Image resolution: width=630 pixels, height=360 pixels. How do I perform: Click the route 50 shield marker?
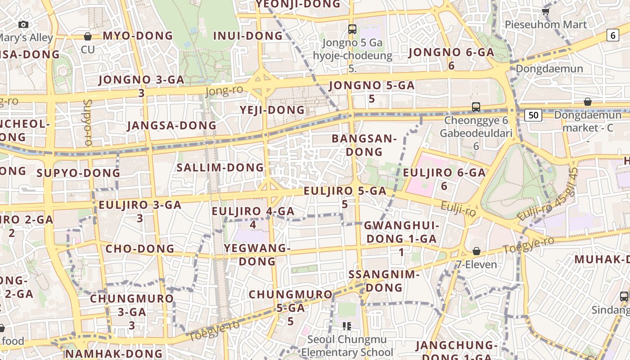click(x=533, y=115)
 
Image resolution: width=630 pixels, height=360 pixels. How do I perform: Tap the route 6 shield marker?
click(x=612, y=35)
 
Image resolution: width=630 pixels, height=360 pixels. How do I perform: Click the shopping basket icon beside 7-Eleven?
click(x=477, y=251)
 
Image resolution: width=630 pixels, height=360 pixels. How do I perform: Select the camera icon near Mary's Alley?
click(x=23, y=24)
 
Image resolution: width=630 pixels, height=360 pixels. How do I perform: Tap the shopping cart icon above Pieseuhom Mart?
click(x=546, y=11)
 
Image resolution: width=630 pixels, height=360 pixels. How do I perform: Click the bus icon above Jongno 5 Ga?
click(x=352, y=29)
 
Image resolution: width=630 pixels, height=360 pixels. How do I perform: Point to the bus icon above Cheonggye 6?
click(x=476, y=107)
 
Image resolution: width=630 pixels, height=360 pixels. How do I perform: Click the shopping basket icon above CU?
click(x=88, y=36)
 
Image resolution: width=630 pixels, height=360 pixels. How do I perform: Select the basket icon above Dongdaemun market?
click(x=587, y=102)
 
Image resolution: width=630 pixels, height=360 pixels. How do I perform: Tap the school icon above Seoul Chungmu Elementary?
click(x=346, y=326)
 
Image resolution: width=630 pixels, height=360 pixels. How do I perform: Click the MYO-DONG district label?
click(x=138, y=36)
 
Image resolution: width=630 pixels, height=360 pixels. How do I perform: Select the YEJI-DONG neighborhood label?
click(x=272, y=110)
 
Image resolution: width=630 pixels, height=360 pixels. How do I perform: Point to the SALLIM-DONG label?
click(x=220, y=167)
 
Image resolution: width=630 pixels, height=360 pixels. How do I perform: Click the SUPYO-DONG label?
click(x=78, y=173)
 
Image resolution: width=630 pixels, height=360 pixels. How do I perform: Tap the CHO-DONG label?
click(x=139, y=248)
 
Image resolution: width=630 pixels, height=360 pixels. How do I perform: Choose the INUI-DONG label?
click(x=248, y=36)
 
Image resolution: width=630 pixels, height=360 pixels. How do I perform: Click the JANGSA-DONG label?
click(x=171, y=126)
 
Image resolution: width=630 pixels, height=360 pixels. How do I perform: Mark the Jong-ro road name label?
click(x=224, y=90)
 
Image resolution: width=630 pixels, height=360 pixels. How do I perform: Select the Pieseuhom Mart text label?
click(x=546, y=24)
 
